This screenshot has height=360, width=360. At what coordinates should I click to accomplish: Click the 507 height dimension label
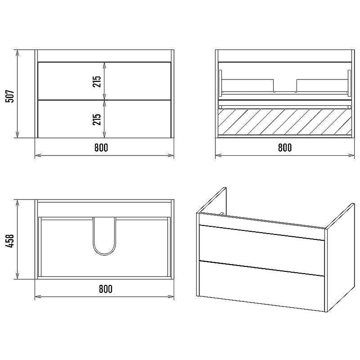[9, 96]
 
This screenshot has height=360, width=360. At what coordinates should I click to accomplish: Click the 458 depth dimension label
[9, 241]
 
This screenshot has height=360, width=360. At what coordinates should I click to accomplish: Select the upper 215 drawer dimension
[97, 81]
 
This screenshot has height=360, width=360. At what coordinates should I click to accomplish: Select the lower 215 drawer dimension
[97, 119]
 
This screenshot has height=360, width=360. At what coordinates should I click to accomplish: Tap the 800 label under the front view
[101, 148]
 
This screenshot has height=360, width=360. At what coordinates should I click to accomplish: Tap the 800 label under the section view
[285, 148]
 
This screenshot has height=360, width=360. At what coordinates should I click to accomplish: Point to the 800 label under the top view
[106, 289]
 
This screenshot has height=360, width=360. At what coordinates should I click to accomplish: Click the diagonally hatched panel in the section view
[285, 121]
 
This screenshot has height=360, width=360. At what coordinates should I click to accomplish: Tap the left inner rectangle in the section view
[248, 85]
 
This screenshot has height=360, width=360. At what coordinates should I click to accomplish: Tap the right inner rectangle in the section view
[322, 85]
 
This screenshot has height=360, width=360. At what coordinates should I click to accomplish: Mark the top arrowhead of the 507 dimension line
[17, 52]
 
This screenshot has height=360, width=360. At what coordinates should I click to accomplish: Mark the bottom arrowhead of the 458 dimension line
[17, 276]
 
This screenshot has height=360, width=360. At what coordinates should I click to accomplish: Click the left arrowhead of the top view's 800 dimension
[38, 297]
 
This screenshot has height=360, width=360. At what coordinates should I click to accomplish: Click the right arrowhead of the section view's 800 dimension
[351, 155]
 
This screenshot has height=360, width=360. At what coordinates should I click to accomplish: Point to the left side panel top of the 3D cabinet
[211, 200]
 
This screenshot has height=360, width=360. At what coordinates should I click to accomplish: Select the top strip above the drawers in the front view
[104, 56]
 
